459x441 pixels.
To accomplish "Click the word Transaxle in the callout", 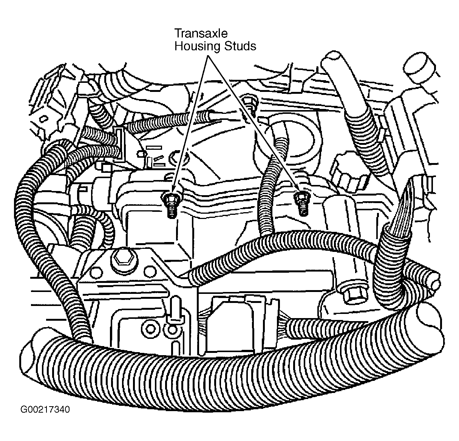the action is click(201, 33).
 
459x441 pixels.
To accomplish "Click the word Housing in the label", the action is click(198, 46).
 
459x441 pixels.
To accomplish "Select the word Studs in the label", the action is click(240, 46).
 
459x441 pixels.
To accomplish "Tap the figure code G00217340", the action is click(45, 409).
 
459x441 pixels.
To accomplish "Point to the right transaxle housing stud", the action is click(302, 203).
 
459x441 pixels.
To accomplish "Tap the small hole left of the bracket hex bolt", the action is click(96, 272).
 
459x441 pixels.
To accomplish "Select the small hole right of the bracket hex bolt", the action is click(150, 272).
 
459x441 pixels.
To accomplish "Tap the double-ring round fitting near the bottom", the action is click(150, 329).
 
